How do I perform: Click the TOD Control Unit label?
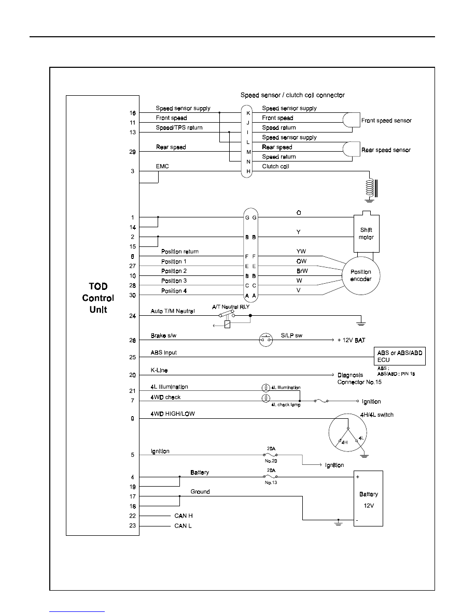click(98, 298)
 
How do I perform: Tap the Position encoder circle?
click(360, 275)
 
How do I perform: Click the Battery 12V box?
click(368, 499)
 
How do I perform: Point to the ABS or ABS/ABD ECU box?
click(400, 356)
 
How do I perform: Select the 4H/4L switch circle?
click(347, 432)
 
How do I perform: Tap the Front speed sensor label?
click(386, 121)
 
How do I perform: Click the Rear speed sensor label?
click(386, 150)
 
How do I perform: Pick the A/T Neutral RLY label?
click(231, 306)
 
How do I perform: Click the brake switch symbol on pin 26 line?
click(266, 340)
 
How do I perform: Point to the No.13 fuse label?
click(271, 482)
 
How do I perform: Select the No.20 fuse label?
click(271, 461)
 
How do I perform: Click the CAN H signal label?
click(184, 516)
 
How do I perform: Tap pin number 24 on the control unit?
click(132, 316)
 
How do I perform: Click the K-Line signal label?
click(159, 370)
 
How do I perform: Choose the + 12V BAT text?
click(351, 340)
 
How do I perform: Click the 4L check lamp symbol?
click(266, 398)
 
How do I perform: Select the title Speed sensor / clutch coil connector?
click(292, 95)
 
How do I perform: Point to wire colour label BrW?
click(302, 271)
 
